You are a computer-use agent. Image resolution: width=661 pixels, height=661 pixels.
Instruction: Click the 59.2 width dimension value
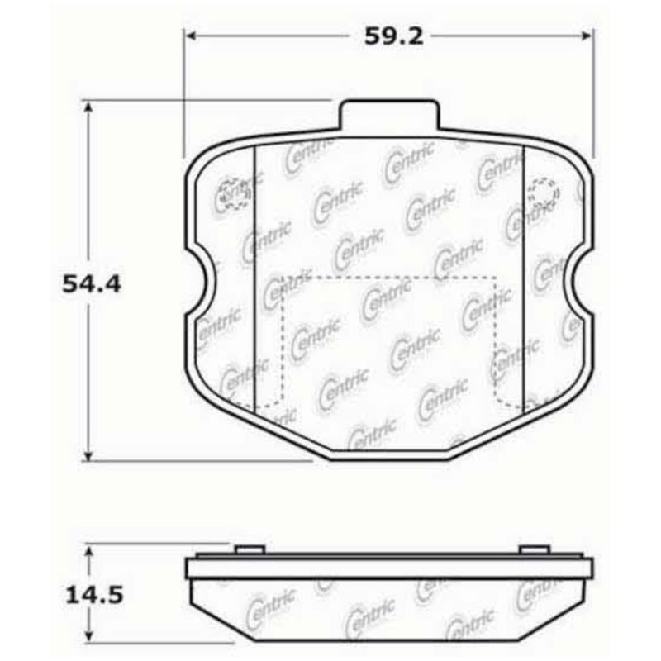[387, 36]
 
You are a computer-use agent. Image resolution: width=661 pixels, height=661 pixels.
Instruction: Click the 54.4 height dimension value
[92, 284]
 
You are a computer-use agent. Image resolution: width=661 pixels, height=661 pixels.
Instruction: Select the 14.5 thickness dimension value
[92, 593]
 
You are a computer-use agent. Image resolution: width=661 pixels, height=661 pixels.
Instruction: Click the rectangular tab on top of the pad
[388, 115]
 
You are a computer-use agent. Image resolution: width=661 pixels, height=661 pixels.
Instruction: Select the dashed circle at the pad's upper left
[231, 193]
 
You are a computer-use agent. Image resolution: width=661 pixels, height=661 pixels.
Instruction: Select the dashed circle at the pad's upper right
[542, 192]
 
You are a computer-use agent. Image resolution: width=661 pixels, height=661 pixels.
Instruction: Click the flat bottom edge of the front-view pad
[388, 458]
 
